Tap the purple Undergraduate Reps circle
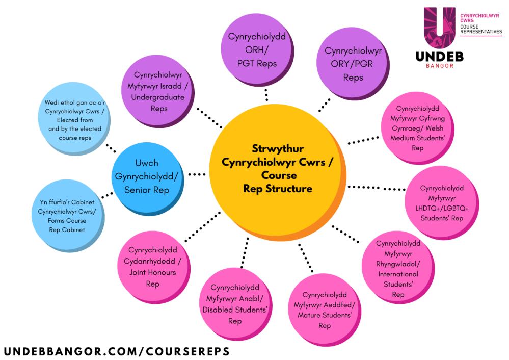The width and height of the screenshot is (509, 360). (x=158, y=91)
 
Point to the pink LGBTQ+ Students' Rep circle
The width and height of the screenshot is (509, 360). (x=441, y=203)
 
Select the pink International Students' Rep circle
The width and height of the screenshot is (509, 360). (x=398, y=269)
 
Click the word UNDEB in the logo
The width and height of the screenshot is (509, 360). (x=439, y=56)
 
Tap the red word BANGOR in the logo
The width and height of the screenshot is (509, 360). (x=439, y=66)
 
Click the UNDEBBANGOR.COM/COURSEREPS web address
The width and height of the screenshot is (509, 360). (x=116, y=351)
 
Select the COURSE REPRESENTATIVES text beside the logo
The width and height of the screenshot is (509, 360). (x=480, y=29)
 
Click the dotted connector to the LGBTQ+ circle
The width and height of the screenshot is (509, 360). (x=376, y=188)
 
